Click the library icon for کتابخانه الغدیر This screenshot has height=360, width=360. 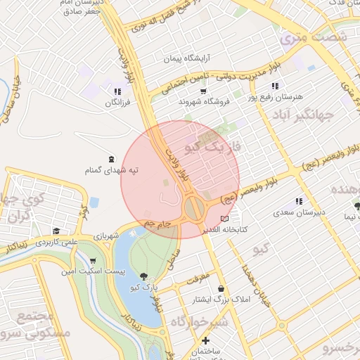(x=224, y=219)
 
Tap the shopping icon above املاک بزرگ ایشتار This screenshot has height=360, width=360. (x=221, y=289)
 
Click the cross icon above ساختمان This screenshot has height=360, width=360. (x=205, y=341)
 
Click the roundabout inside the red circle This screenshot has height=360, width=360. (x=193, y=208)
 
